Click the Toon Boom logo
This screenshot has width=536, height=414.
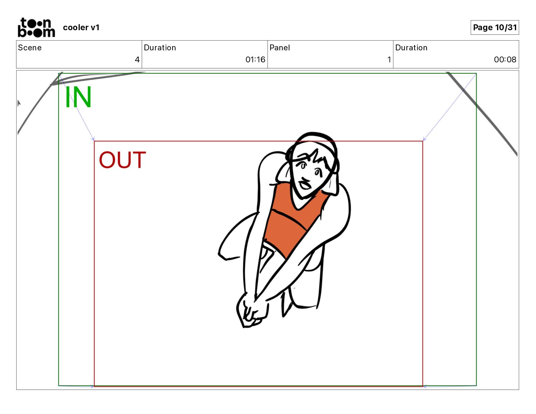point(36,27)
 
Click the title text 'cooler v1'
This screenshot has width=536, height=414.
point(81,27)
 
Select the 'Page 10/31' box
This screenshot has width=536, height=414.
point(494,27)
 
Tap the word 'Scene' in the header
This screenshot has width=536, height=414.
point(30,48)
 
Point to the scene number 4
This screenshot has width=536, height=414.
point(137,59)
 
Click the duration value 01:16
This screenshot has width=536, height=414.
point(255,59)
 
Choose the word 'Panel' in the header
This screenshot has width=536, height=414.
point(279,48)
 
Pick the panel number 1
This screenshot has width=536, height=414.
point(389,59)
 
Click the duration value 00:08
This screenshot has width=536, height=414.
point(505,59)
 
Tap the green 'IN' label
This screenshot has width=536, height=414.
point(78,97)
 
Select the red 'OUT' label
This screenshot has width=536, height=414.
point(122,160)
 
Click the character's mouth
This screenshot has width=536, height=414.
point(305,184)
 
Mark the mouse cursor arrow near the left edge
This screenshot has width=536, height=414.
point(19,103)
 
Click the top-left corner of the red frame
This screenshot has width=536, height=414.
point(94,141)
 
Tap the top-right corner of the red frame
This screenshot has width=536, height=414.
point(423,141)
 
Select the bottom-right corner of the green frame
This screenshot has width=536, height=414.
point(476,385)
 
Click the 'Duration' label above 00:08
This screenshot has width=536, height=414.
point(411,48)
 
